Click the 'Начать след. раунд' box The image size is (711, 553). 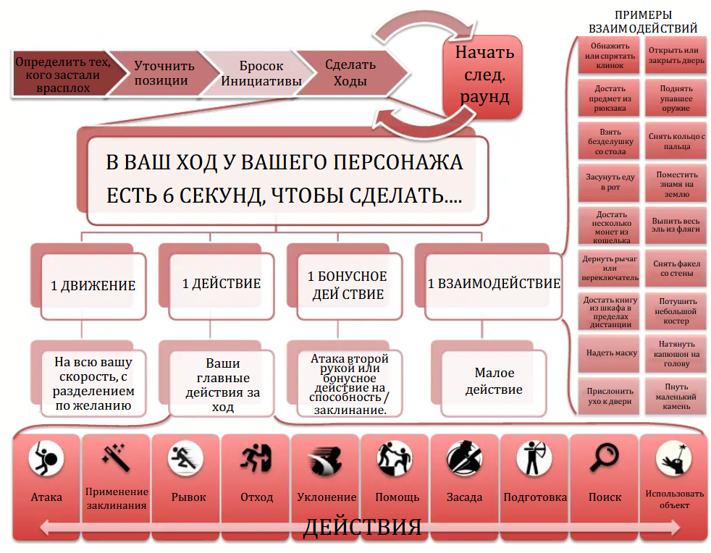(x=484, y=75)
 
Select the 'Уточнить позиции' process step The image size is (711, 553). (x=160, y=73)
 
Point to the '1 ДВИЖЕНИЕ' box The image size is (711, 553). (x=93, y=284)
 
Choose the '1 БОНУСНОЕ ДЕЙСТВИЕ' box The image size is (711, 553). (x=347, y=285)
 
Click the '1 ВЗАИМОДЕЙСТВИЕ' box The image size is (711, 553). (x=494, y=284)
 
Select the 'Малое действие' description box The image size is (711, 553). (x=494, y=381)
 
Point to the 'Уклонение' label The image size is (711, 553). (x=327, y=497)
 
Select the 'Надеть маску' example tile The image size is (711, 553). (x=611, y=353)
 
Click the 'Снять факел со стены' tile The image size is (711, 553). (x=673, y=269)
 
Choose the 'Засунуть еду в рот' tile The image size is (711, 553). (x=611, y=181)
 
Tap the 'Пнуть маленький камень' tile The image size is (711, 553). (x=673, y=397)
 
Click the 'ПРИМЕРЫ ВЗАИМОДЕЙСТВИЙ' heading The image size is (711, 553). (x=643, y=22)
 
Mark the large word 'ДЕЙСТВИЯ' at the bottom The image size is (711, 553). (x=362, y=527)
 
